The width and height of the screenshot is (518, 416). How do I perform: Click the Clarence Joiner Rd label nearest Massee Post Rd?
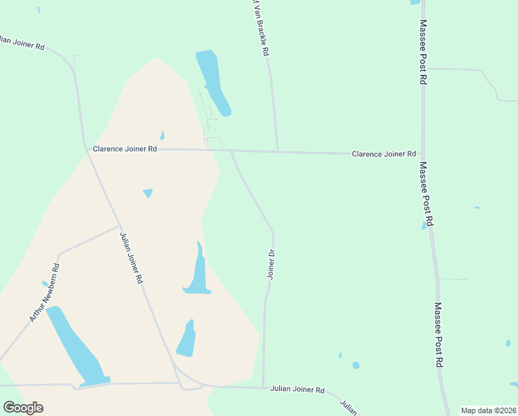coord(384,154)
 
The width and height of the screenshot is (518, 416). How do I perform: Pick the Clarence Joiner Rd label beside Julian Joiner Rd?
coord(125,149)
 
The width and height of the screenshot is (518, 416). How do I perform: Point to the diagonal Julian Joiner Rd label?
coord(130,258)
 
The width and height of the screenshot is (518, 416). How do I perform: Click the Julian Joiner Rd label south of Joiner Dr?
coord(297,390)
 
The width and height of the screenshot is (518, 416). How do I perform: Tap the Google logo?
coord(23,408)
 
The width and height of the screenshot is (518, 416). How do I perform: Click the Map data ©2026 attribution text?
coord(489,410)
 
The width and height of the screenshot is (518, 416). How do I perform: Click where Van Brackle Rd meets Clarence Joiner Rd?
coord(278,151)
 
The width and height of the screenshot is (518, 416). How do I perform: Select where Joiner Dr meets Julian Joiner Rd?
coord(263,388)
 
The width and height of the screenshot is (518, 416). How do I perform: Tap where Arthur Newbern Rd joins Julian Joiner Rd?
coord(119,226)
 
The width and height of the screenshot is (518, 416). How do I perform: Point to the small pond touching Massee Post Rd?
coord(424,225)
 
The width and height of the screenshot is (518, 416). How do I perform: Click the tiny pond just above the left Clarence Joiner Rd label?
coord(162,136)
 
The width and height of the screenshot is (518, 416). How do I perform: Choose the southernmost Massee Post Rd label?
coord(438,334)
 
